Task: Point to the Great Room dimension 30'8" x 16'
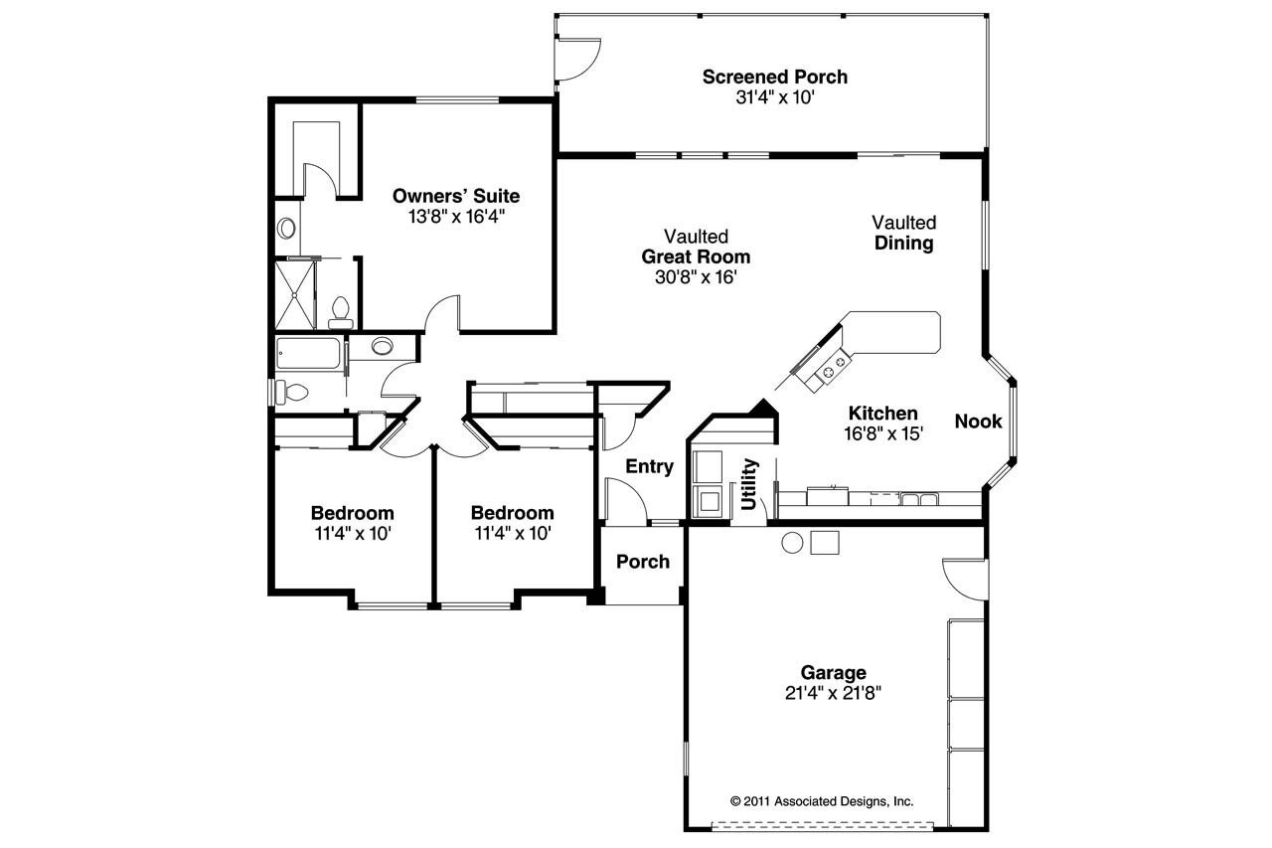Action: click(x=696, y=277)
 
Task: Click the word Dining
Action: click(x=904, y=244)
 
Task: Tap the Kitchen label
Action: click(x=882, y=414)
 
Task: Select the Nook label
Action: click(x=978, y=422)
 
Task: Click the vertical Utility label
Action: click(x=750, y=484)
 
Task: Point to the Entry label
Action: click(x=649, y=466)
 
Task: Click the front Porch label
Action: click(x=643, y=562)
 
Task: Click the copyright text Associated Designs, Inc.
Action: click(x=821, y=800)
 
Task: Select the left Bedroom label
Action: click(x=352, y=513)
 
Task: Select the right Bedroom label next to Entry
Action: click(x=512, y=513)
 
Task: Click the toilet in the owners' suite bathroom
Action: click(x=340, y=311)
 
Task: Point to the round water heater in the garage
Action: click(x=792, y=543)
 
